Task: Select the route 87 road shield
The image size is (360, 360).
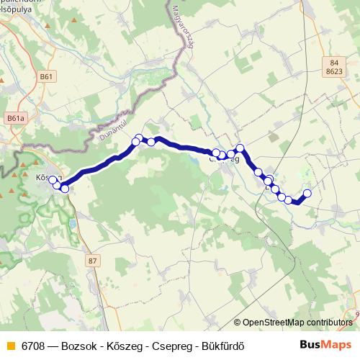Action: pos(91,261)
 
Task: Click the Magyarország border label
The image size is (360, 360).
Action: pos(182,37)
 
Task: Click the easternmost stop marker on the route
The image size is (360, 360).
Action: pos(307,193)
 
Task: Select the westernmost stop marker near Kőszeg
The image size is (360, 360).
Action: pos(52,180)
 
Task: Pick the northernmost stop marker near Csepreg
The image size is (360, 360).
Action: pos(240,149)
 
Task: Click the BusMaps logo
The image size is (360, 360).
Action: pos(321,343)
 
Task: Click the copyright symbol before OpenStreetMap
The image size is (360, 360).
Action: pos(237,323)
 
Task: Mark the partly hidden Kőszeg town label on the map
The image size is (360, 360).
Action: pos(42,175)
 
